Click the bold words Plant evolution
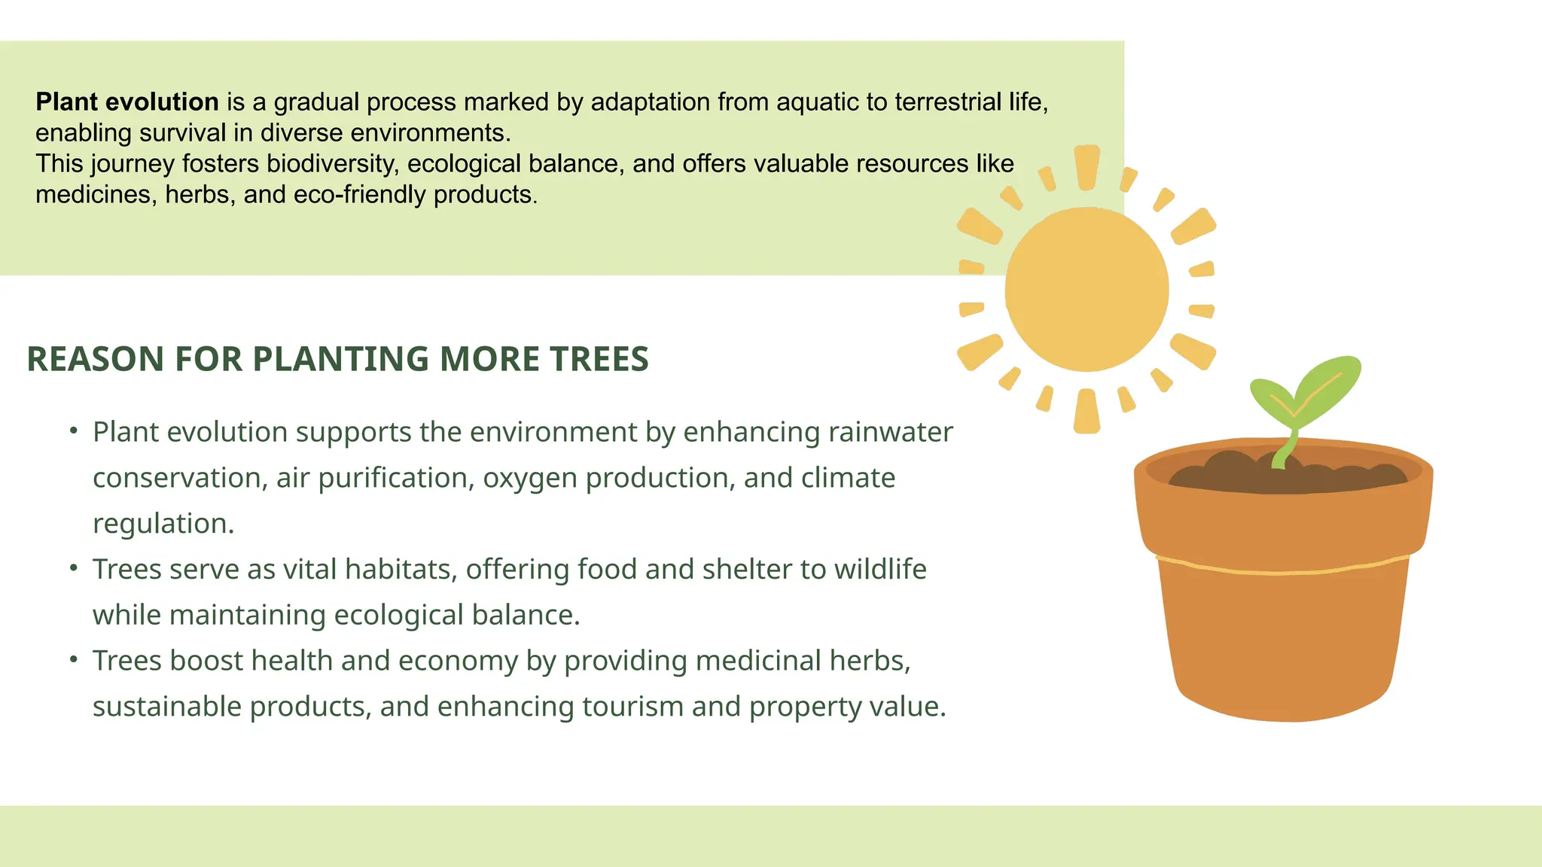pyautogui.click(x=126, y=102)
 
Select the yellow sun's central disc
pyautogui.click(x=1086, y=290)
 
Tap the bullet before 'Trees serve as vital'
pyautogui.click(x=73, y=567)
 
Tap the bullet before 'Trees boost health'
pyautogui.click(x=73, y=659)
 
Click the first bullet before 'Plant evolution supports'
pyautogui.click(x=73, y=430)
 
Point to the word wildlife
pyautogui.click(x=880, y=569)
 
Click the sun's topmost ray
pyautogui.click(x=1086, y=166)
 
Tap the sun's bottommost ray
pyautogui.click(x=1086, y=412)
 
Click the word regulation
pyautogui.click(x=163, y=524)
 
